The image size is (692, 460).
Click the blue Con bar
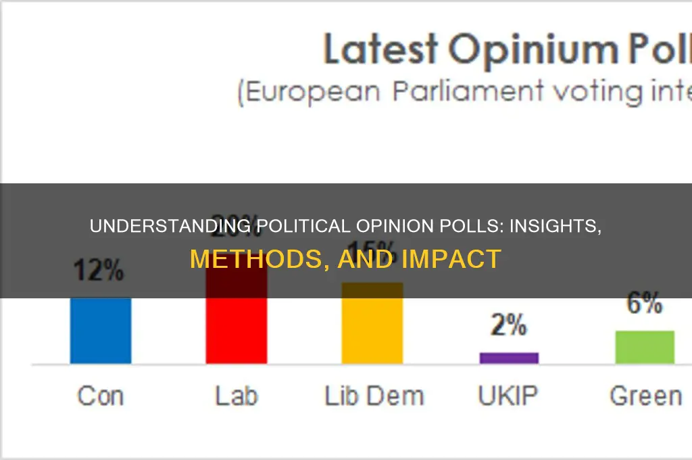101,331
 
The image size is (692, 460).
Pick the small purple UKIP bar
509,358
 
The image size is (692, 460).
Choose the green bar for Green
645,347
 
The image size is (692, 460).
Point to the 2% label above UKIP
508,327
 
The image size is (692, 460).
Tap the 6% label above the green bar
644,305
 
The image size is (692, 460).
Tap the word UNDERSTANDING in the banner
172,226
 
